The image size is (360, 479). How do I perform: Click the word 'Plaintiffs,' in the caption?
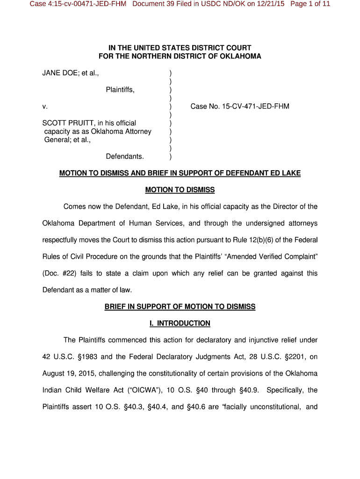(x=120, y=90)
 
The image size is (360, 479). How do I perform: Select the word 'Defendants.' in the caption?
(x=125, y=156)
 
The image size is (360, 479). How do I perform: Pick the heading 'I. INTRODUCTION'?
(x=180, y=323)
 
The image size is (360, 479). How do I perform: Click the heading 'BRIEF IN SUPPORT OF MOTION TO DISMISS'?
(x=180, y=307)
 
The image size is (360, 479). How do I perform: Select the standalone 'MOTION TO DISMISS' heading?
(x=180, y=190)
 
